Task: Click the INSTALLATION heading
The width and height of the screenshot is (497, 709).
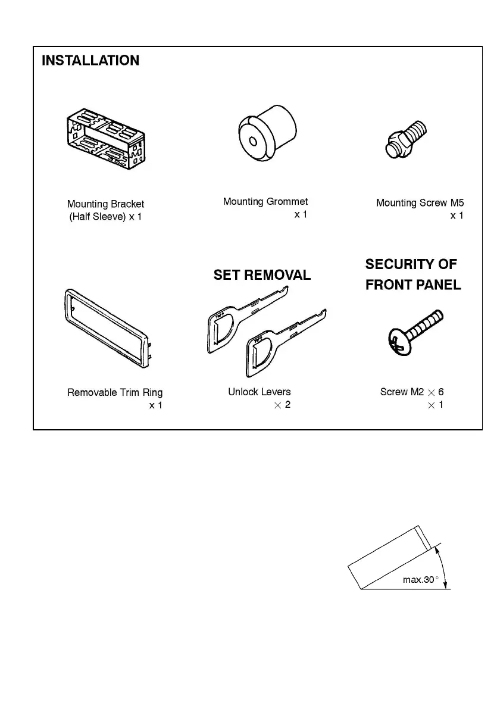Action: [x=90, y=60]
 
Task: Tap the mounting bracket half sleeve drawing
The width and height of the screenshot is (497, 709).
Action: [x=104, y=141]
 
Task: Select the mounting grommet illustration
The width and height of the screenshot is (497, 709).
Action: [x=267, y=132]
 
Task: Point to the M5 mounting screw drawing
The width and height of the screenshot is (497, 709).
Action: [x=405, y=139]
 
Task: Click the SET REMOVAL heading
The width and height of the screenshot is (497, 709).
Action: [x=262, y=275]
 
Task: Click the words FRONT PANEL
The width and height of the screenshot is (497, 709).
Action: [x=413, y=285]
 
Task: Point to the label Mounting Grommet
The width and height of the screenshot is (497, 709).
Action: [x=265, y=202]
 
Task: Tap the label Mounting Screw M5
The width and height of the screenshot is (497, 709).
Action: [x=420, y=203]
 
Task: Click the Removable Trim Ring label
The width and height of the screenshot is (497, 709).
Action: [x=115, y=392]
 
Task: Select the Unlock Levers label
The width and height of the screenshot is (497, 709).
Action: [x=260, y=392]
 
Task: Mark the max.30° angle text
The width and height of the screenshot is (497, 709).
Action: [x=420, y=579]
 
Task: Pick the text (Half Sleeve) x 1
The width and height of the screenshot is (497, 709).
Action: [x=106, y=217]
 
